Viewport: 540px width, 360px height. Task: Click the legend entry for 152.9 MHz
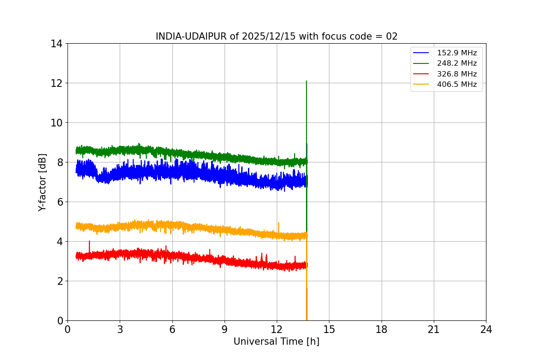coord(456,53)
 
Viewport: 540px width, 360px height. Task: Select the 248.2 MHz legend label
coord(456,63)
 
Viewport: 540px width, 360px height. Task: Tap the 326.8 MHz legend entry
coord(456,74)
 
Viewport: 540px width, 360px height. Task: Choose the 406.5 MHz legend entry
coord(456,84)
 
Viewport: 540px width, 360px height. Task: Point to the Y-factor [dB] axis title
coord(42,182)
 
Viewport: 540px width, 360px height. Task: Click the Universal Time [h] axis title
coord(276,342)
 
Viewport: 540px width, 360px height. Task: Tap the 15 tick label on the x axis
coord(329,329)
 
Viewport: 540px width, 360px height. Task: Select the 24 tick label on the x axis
coord(486,329)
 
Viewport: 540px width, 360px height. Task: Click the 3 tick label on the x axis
coord(120,329)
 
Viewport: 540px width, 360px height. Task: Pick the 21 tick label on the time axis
coord(434,329)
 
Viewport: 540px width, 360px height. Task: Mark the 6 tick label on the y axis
coord(59,202)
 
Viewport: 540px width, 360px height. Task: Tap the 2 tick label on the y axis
coord(59,281)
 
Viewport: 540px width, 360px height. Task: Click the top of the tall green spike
coord(306,81)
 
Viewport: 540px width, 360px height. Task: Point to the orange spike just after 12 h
coord(279,223)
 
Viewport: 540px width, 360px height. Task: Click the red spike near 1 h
coord(89,241)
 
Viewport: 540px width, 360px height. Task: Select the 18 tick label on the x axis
coord(382,329)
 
